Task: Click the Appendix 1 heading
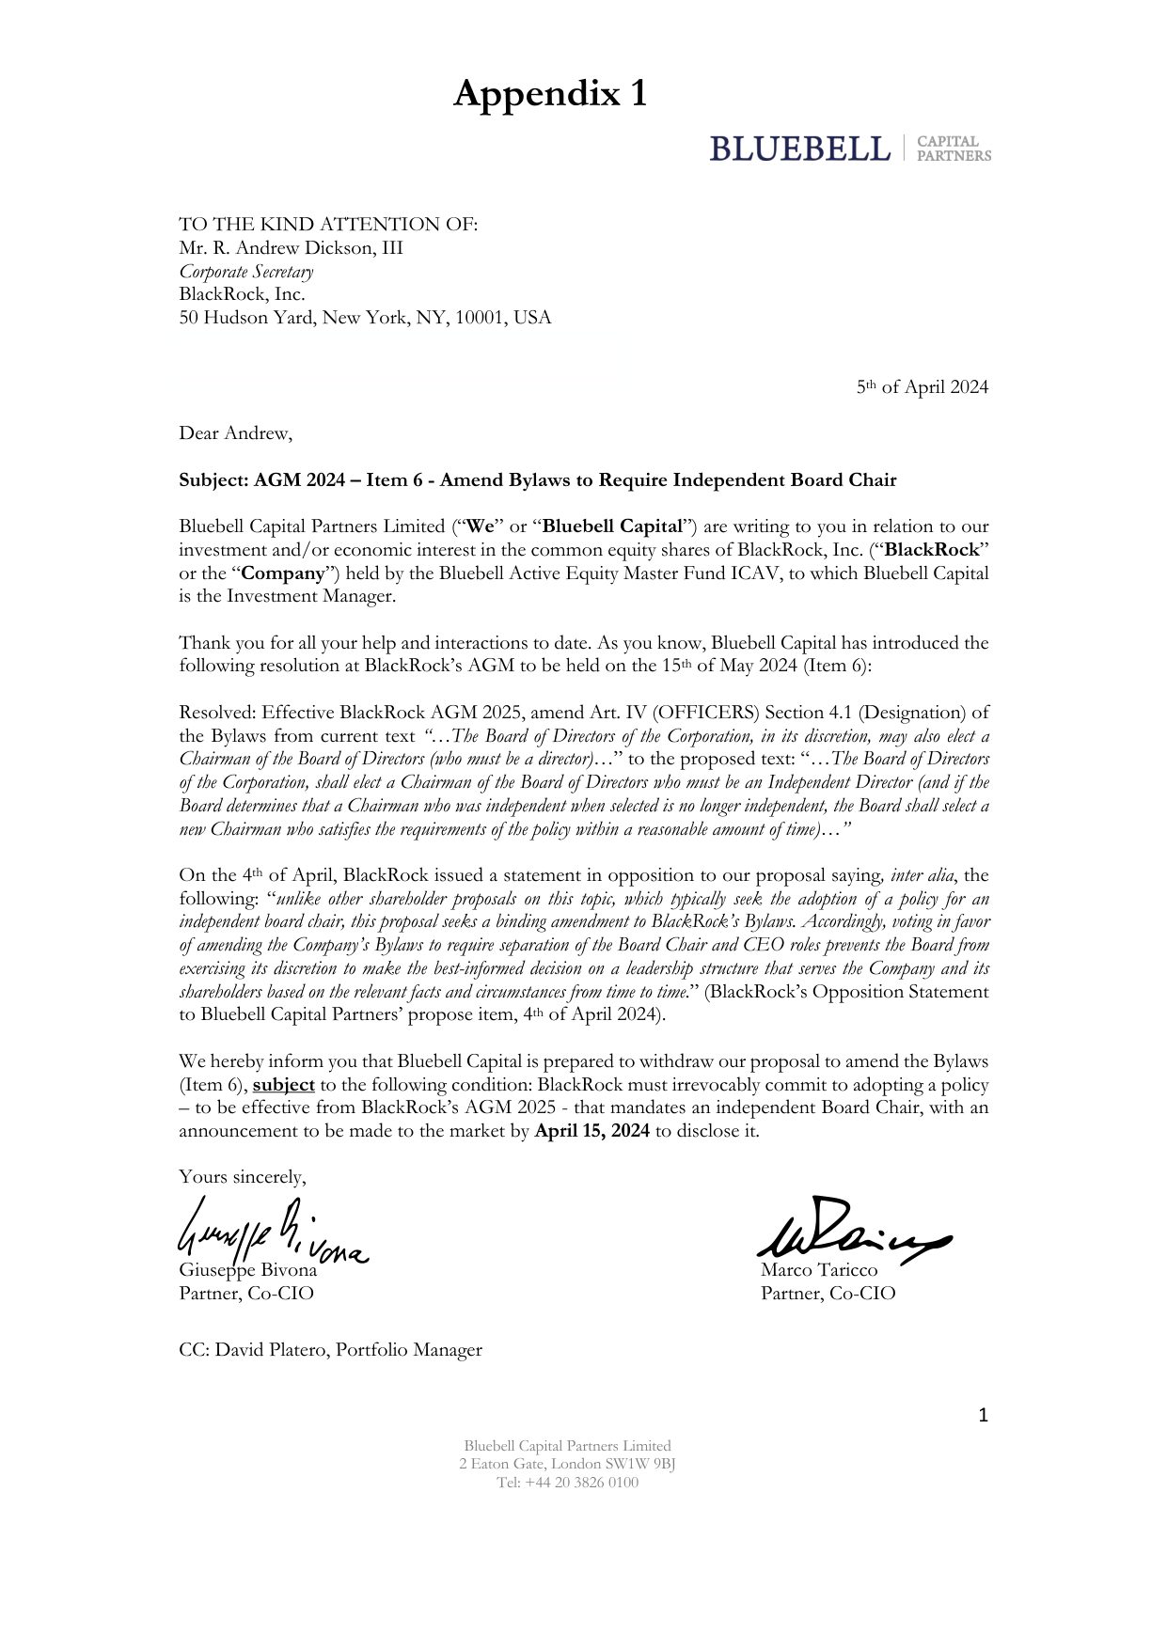[550, 94]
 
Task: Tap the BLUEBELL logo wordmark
[799, 149]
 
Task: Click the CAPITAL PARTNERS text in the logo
[953, 149]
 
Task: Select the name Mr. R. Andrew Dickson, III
[291, 248]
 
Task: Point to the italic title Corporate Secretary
[246, 272]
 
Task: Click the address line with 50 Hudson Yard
[365, 318]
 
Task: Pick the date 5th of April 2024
[922, 387]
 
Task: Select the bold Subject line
[537, 480]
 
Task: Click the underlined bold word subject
[283, 1085]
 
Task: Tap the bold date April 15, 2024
[591, 1131]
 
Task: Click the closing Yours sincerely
[243, 1177]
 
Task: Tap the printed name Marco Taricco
[819, 1270]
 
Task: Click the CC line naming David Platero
[330, 1350]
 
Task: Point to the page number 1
[983, 1415]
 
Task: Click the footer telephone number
[567, 1483]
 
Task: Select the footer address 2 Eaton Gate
[567, 1464]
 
